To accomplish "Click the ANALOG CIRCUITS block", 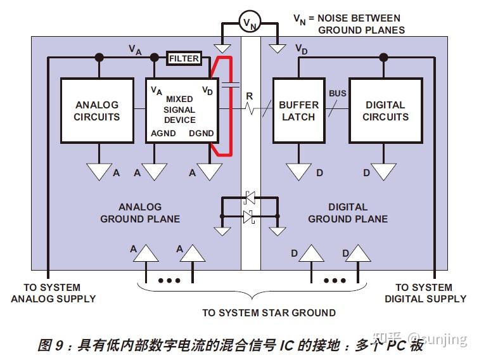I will pyautogui.click(x=97, y=111).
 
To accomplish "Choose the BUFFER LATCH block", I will pyautogui.click(x=298, y=111).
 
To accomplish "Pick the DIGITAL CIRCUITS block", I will pyautogui.click(x=385, y=111).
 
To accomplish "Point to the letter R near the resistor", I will pyautogui.click(x=250, y=96).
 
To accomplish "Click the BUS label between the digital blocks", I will pyautogui.click(x=338, y=94).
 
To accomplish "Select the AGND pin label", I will pyautogui.click(x=163, y=134).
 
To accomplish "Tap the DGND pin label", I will pyautogui.click(x=201, y=134).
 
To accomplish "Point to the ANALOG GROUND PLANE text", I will pyautogui.click(x=140, y=213).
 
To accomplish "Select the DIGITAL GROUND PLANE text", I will pyautogui.click(x=348, y=213).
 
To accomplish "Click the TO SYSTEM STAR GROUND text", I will pyautogui.click(x=269, y=312).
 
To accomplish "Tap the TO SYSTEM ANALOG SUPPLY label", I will pyautogui.click(x=53, y=293).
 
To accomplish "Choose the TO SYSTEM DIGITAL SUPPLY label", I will pyautogui.click(x=425, y=293).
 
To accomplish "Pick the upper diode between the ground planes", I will pyautogui.click(x=249, y=198).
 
